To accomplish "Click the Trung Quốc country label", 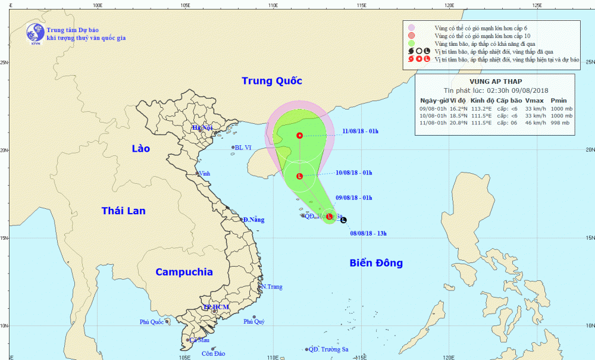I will (x=272, y=81).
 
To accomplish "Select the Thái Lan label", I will (x=123, y=211).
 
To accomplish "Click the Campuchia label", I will (x=184, y=272).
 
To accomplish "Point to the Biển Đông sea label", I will (x=376, y=263).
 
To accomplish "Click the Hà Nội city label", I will (x=202, y=127).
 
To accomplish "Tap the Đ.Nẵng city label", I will (x=253, y=220).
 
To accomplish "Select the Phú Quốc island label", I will (x=152, y=322).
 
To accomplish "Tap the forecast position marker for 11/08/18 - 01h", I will (x=300, y=136).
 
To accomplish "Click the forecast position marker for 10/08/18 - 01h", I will (x=300, y=176).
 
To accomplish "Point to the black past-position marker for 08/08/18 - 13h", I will (x=344, y=220).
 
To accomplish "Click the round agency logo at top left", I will (x=35, y=33).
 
